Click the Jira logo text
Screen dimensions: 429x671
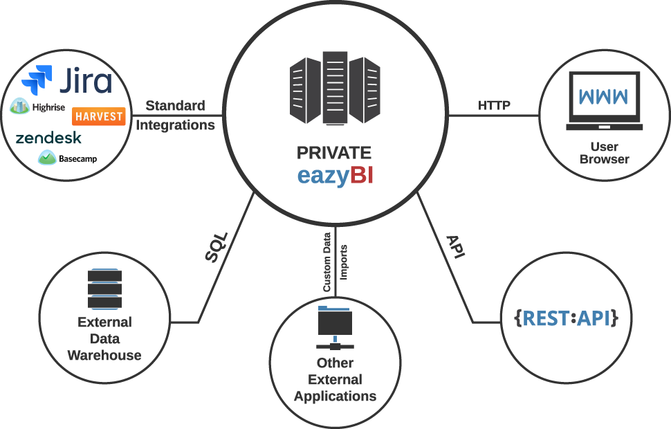click(84, 82)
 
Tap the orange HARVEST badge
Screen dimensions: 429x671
click(98, 116)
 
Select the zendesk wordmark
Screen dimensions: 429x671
click(48, 138)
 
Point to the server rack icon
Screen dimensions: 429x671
click(335, 91)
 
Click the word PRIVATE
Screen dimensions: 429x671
click(334, 153)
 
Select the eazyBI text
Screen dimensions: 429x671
click(335, 176)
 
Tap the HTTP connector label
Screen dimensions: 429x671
click(494, 106)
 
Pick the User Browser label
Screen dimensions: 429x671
click(604, 153)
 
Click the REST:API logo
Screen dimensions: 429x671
click(565, 318)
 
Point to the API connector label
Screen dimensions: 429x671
click(454, 246)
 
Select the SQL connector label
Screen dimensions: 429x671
click(216, 246)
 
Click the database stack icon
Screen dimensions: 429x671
click(105, 289)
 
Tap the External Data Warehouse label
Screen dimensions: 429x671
click(104, 339)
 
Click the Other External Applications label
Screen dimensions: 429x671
click(335, 379)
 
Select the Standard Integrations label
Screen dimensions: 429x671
click(175, 116)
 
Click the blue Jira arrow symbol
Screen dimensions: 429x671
click(37, 80)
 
